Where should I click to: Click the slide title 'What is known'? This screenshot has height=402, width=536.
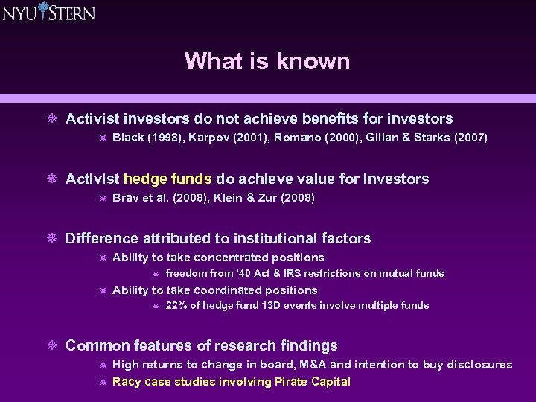[267, 61]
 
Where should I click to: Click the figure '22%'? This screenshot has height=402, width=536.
[176, 305]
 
